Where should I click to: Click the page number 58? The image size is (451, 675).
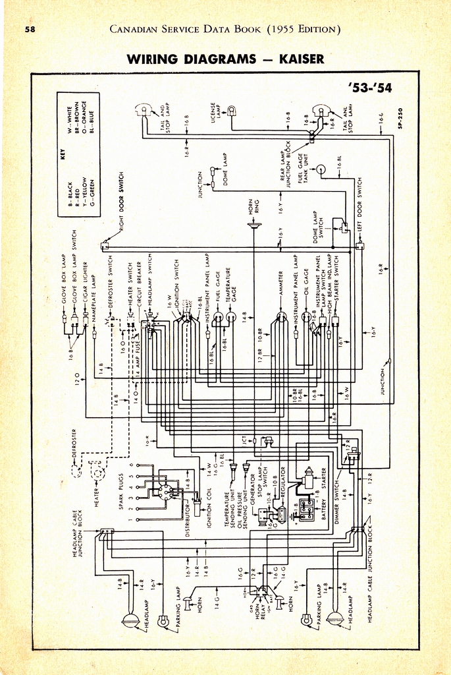point(30,29)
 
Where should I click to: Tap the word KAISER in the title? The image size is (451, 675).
point(302,59)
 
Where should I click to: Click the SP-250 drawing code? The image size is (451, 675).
point(400,118)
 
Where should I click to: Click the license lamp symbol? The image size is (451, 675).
point(231,111)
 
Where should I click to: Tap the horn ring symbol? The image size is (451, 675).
point(253,225)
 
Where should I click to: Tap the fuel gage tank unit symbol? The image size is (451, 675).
point(321,170)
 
